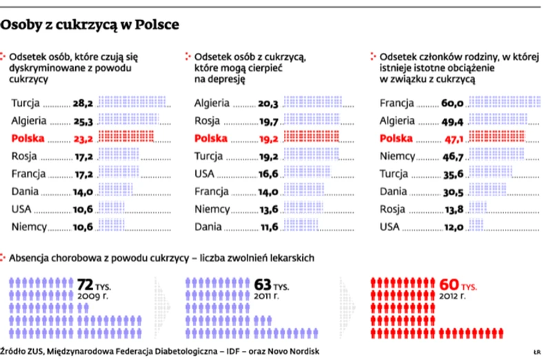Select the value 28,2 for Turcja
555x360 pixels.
click(x=83, y=104)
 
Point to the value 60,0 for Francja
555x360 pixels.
click(x=452, y=104)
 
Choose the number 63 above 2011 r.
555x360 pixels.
click(x=262, y=283)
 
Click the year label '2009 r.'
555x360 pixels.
click(x=92, y=296)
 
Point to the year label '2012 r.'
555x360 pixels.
click(x=454, y=296)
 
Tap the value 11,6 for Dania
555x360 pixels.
click(x=268, y=227)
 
